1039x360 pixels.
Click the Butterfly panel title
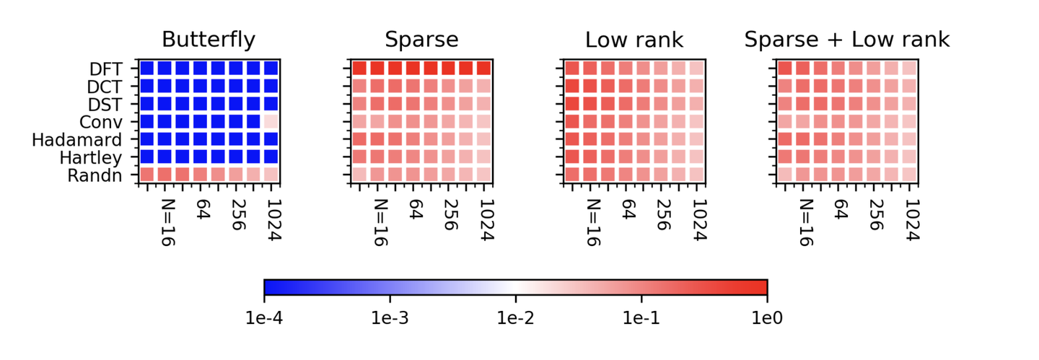click(209, 39)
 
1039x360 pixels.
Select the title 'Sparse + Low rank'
click(847, 39)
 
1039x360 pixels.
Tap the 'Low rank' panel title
click(634, 39)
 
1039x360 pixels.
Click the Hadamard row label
click(76, 139)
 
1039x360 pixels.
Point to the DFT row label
click(105, 69)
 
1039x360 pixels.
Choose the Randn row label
click(95, 175)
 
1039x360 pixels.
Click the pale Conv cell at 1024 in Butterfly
click(271, 121)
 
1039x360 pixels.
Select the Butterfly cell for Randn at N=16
click(165, 174)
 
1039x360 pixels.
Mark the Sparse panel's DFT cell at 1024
click(483, 69)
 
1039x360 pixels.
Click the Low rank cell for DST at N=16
click(590, 104)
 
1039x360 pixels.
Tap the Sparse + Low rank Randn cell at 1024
click(909, 174)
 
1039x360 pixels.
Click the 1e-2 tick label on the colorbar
click(515, 317)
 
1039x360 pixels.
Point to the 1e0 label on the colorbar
click(766, 317)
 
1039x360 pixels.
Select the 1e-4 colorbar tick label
click(264, 317)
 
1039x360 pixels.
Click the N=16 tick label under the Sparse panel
click(381, 222)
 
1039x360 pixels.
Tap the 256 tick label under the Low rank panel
click(662, 215)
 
